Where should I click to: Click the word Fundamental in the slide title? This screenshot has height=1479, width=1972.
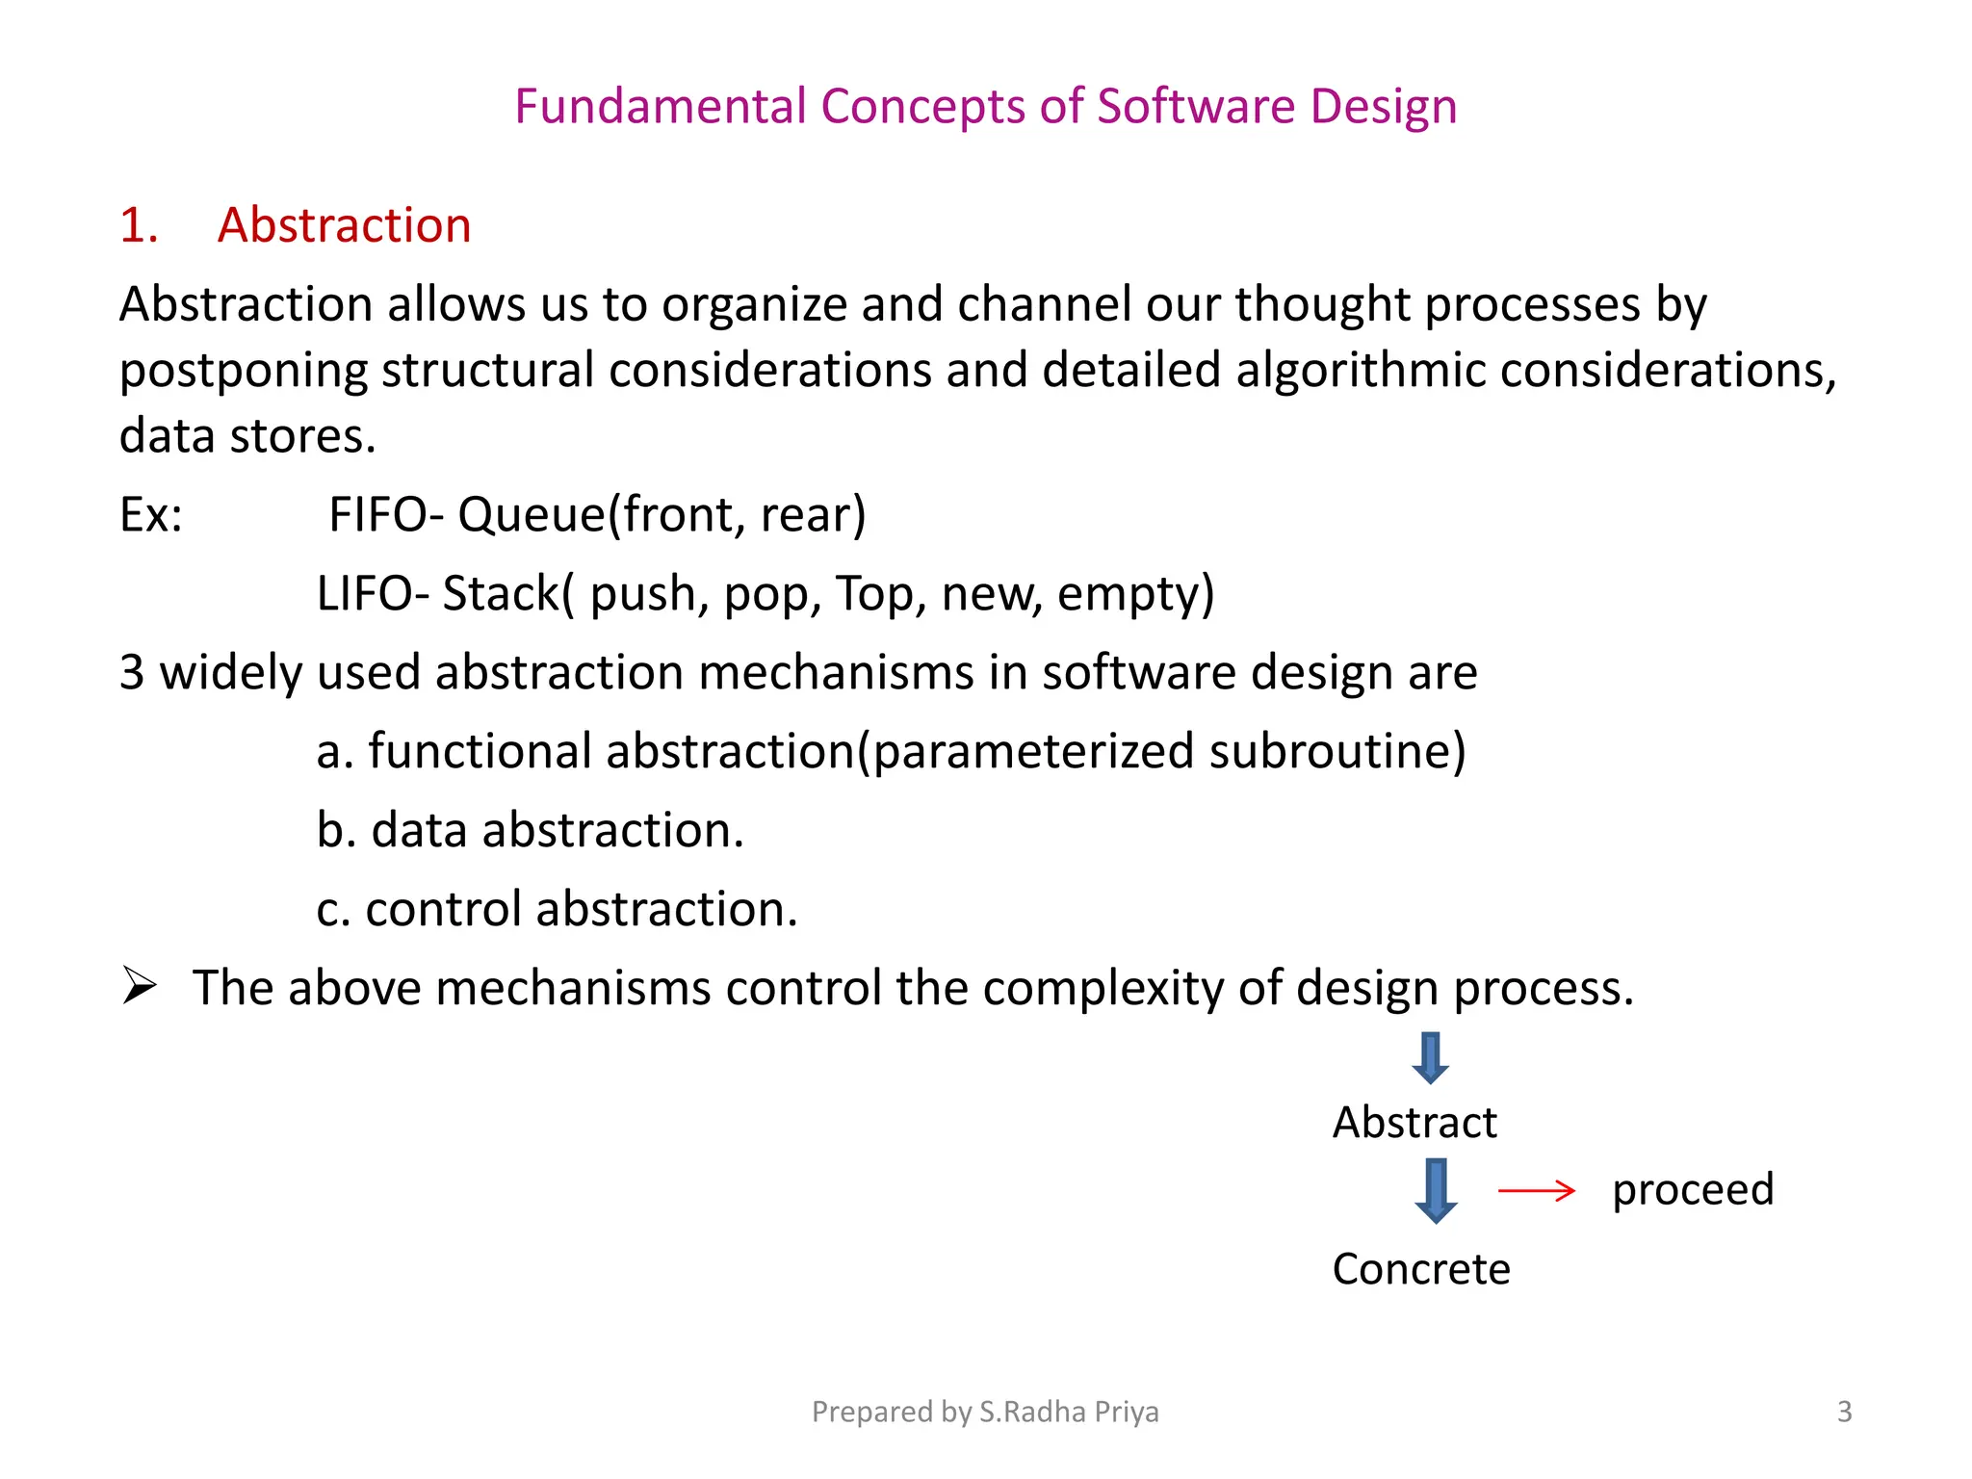click(660, 106)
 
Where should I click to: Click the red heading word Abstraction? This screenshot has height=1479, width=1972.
click(344, 225)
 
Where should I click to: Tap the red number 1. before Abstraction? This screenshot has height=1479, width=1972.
click(139, 225)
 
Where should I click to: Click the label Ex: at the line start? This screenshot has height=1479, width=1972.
click(150, 514)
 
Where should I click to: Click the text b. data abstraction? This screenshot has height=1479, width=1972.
click(530, 830)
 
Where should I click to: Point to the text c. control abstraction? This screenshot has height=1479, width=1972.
click(557, 909)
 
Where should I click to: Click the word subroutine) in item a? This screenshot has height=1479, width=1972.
click(1337, 751)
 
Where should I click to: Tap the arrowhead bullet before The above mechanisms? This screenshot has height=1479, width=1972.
click(140, 986)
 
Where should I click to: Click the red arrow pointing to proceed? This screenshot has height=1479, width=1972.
click(1536, 1191)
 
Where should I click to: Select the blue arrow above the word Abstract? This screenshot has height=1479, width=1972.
click(1431, 1057)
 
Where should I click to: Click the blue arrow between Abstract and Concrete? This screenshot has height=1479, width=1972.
click(1436, 1190)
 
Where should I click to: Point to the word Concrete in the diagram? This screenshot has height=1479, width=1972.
click(1420, 1269)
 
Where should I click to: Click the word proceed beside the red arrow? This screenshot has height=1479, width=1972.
click(1693, 1190)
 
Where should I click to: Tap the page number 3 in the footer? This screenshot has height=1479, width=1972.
click(1844, 1412)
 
